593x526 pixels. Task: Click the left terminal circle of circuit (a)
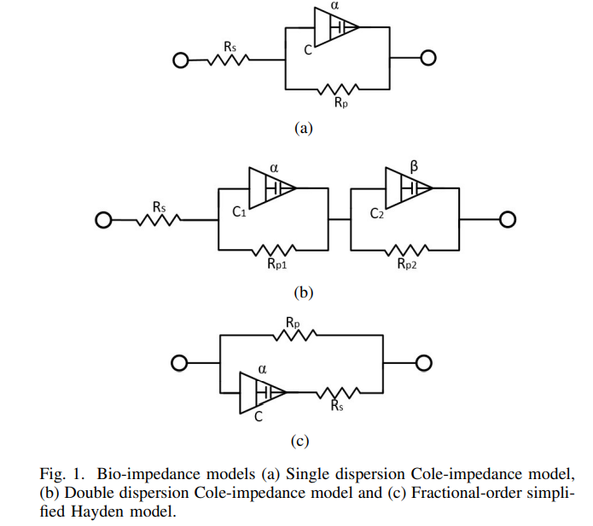tap(180, 61)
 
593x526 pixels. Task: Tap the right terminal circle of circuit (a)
tap(428, 58)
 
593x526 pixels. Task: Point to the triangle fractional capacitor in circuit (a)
tap(336, 26)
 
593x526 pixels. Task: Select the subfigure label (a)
tap(304, 128)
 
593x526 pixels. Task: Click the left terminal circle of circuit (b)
tap(103, 221)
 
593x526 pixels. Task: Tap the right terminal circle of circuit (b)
tap(508, 220)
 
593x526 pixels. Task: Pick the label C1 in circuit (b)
tap(240, 213)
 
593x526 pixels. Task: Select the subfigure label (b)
tap(304, 292)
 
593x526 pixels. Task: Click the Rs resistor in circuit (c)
tap(338, 393)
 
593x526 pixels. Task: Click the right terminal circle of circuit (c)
tap(424, 364)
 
